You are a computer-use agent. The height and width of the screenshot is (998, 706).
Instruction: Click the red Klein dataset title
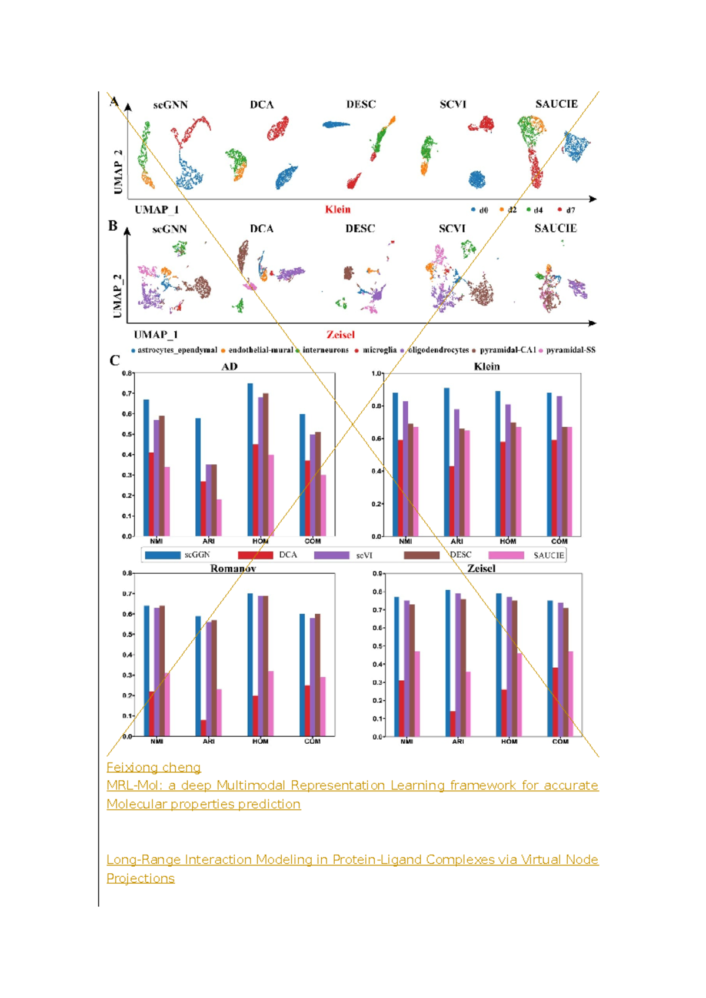[x=338, y=209]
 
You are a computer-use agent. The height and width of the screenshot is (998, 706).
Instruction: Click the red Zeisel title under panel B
[x=341, y=335]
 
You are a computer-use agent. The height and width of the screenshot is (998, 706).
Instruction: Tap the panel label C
[x=115, y=360]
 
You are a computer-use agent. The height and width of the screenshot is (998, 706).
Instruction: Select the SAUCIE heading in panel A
[x=556, y=104]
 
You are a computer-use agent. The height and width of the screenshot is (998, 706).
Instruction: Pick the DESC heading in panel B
[x=360, y=229]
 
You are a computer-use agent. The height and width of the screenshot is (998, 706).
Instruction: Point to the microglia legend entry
[x=376, y=350]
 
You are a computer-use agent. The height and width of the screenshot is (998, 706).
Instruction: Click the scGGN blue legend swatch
[x=162, y=555]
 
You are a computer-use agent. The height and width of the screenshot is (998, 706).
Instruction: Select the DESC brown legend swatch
[x=421, y=555]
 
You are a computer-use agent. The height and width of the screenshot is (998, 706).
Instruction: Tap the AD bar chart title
[x=229, y=367]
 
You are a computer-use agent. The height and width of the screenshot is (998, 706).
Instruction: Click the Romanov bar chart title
[x=233, y=568]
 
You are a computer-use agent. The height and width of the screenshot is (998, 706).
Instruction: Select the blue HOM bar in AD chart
[x=250, y=459]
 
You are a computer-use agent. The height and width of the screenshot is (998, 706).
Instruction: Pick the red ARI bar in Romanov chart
[x=204, y=727]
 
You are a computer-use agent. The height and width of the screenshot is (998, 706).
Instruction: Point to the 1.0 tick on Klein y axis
[x=377, y=374]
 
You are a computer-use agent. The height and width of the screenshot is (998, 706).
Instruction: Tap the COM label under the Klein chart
[x=560, y=541]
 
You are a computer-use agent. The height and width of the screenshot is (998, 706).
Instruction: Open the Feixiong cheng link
[x=154, y=767]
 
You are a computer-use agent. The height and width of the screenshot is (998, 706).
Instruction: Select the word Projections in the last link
[x=141, y=878]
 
